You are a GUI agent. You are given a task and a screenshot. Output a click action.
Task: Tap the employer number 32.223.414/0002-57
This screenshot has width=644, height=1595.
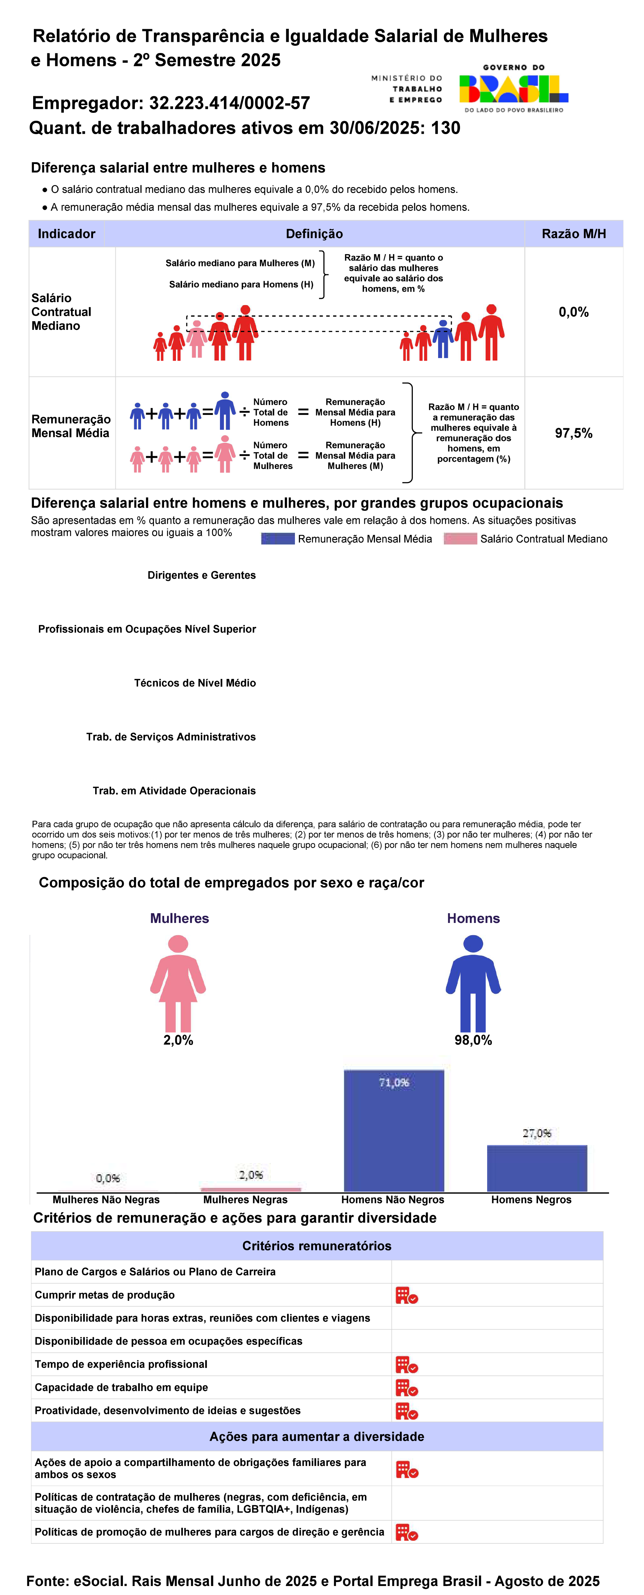(x=229, y=103)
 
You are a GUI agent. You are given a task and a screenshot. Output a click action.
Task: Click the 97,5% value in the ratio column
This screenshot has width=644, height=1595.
(x=573, y=433)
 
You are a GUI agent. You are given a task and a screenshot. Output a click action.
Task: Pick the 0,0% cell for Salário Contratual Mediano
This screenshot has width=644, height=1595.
(x=573, y=312)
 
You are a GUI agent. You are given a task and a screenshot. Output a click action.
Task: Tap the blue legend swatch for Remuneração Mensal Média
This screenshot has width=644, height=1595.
(x=277, y=539)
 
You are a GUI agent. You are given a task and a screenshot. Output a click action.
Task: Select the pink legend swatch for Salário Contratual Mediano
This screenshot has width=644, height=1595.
(x=460, y=539)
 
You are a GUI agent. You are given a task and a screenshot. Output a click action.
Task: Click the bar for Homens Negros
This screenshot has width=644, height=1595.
(x=537, y=1168)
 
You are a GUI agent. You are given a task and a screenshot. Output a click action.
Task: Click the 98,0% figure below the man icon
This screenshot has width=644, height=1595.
(x=473, y=1040)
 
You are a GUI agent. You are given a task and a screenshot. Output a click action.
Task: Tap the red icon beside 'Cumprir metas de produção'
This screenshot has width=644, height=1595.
(x=407, y=1295)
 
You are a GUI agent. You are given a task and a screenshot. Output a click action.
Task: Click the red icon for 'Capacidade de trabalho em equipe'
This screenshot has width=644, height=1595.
(x=407, y=1388)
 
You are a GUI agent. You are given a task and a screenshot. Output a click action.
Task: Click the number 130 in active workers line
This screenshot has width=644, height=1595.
(x=445, y=128)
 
